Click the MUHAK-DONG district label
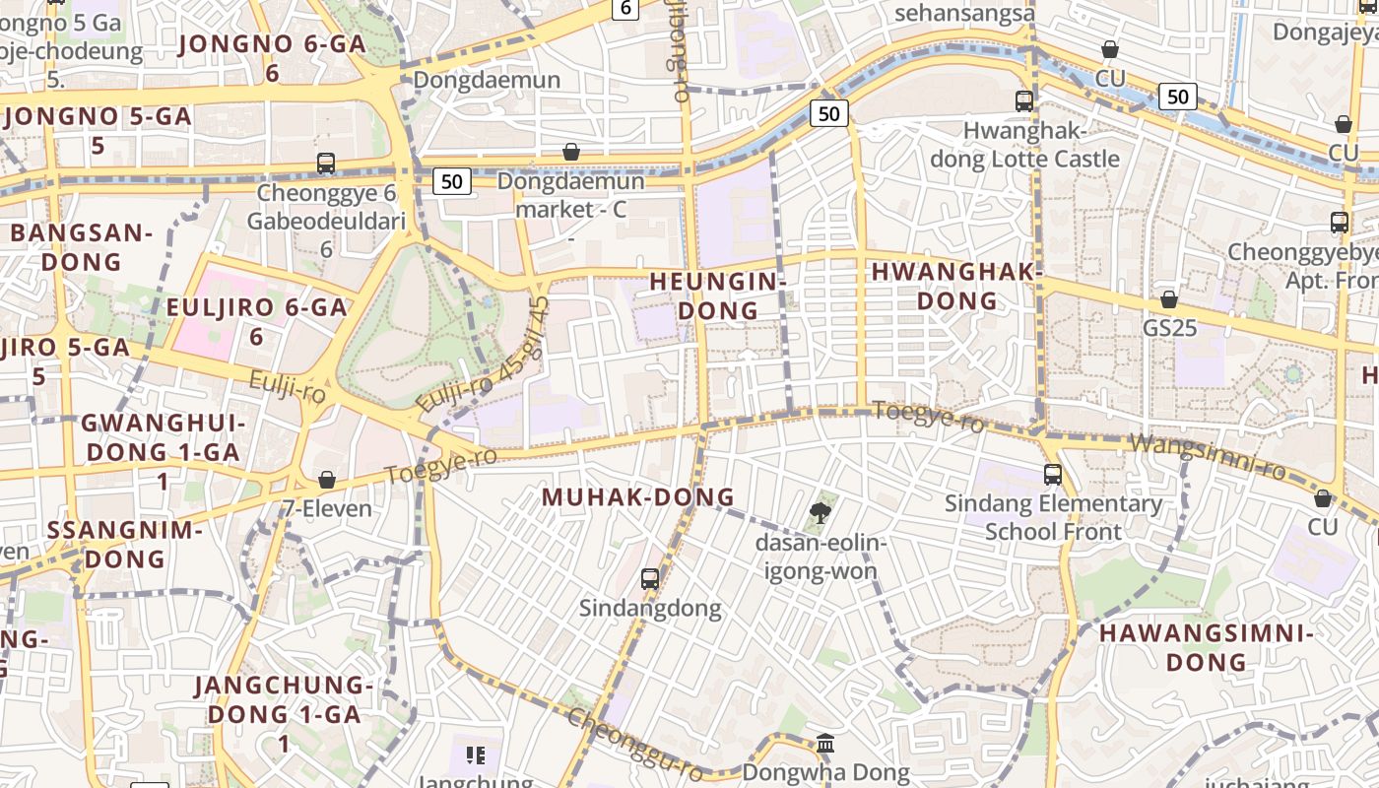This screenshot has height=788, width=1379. [x=638, y=496]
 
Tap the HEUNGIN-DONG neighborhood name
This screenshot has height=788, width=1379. [x=718, y=295]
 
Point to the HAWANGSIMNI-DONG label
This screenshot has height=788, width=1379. [x=1207, y=646]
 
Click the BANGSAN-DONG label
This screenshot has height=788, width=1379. [x=82, y=247]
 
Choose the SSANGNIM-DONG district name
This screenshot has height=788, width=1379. [x=124, y=544]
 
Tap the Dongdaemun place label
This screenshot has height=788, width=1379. [x=487, y=80]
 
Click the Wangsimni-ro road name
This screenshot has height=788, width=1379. [x=1208, y=457]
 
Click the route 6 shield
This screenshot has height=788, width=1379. [x=625, y=9]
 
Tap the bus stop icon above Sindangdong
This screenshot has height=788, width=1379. [x=650, y=578]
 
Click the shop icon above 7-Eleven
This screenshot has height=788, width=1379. [x=326, y=480]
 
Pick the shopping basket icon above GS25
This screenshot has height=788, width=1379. [x=1169, y=298]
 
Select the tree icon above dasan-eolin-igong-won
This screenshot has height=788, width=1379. [x=819, y=512]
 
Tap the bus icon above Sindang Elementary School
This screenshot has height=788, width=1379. [x=1052, y=475]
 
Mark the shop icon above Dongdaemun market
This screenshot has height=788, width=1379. [x=570, y=152]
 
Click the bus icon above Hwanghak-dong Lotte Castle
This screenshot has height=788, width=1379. [x=1024, y=100]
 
